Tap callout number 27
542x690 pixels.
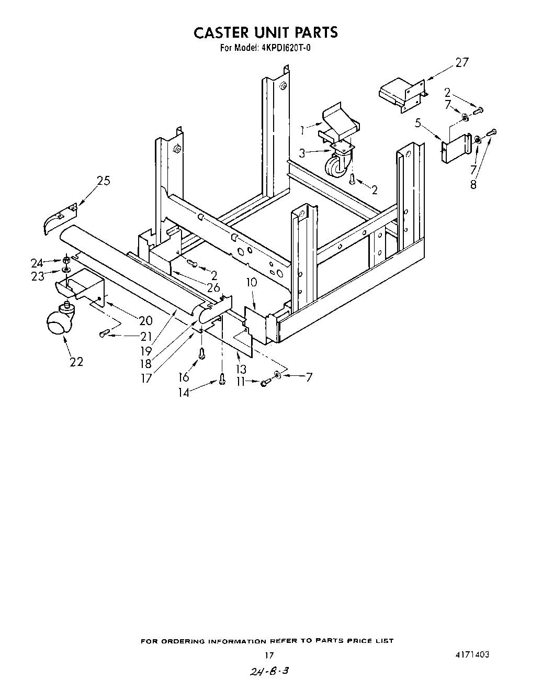[461, 62]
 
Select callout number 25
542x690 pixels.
[103, 181]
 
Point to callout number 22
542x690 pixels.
[76, 361]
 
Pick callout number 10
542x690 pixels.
[252, 283]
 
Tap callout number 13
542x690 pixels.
[241, 370]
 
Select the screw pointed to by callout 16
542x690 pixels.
[202, 353]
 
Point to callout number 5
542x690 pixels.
[418, 123]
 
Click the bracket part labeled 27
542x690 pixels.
[400, 94]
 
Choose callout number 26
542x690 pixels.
[213, 287]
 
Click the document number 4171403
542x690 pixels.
[472, 654]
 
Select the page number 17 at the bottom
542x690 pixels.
[269, 655]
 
